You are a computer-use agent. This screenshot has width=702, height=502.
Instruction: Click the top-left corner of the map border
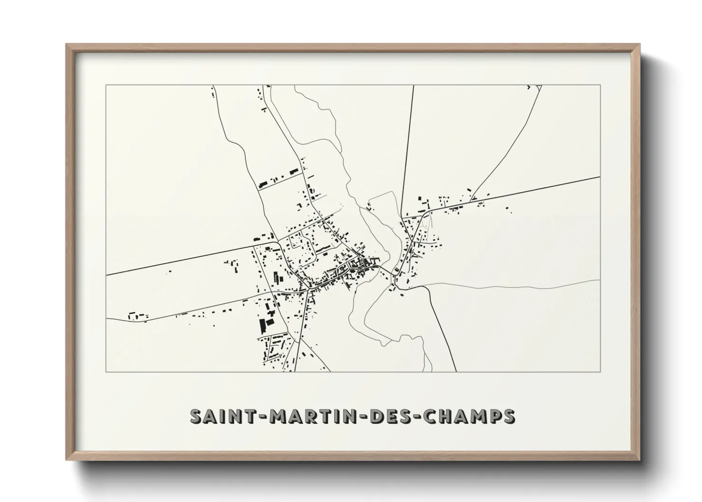click(106, 85)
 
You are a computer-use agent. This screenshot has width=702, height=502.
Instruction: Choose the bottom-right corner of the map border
click(600, 372)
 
